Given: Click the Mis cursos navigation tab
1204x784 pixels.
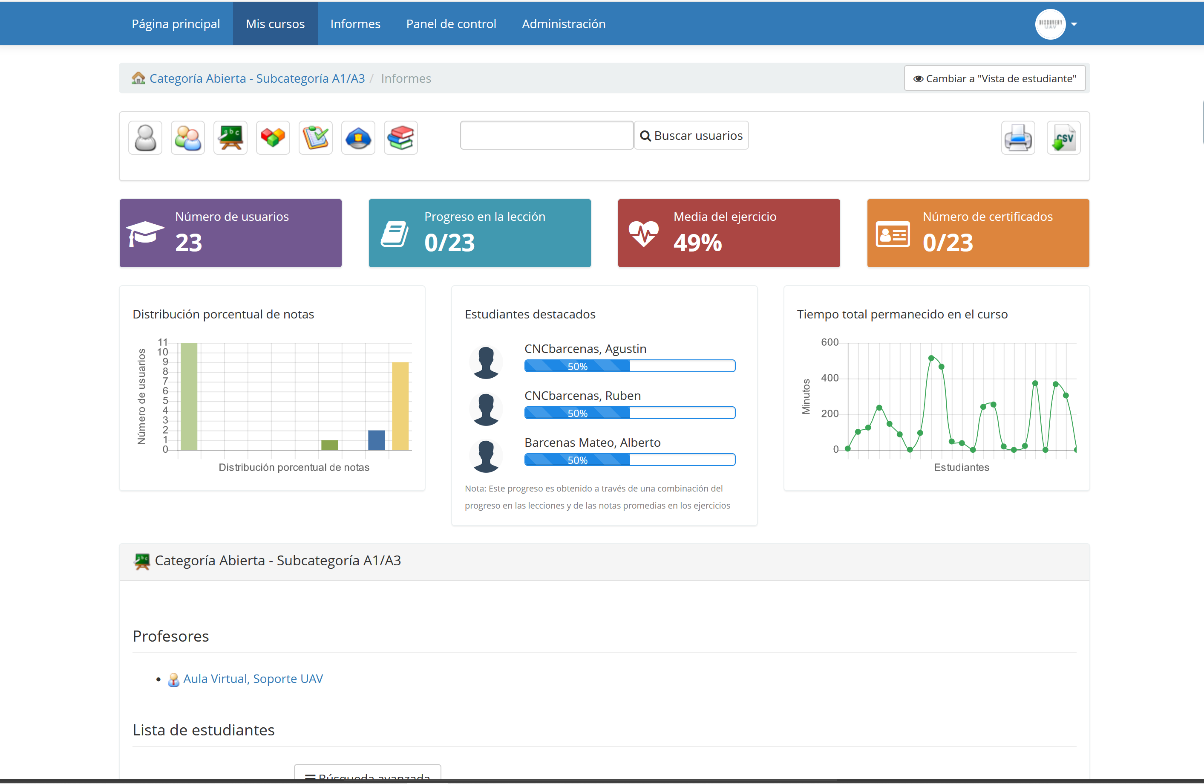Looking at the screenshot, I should click(275, 24).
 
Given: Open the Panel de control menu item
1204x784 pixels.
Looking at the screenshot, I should click(451, 24).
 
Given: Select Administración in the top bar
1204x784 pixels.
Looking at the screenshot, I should click(564, 24).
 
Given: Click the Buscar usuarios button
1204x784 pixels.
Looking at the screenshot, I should click(691, 136).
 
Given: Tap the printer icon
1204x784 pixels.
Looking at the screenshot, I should click(1018, 138).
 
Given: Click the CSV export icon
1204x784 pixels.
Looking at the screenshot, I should click(1063, 138).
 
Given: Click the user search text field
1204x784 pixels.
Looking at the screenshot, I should click(546, 136).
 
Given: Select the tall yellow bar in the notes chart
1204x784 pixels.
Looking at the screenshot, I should click(400, 406).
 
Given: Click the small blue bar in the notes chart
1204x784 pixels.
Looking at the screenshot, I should click(376, 440).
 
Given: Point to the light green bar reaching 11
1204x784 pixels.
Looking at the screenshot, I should click(189, 396).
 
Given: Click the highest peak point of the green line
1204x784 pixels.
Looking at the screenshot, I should click(931, 358).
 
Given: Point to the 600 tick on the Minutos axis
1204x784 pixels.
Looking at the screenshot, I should click(830, 343).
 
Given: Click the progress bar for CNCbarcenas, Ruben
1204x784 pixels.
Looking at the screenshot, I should click(629, 413).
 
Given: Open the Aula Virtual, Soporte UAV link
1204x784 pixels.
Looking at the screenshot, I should click(253, 679).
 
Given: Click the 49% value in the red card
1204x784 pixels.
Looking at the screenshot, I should click(697, 243).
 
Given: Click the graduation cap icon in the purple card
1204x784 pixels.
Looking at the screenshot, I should click(145, 233).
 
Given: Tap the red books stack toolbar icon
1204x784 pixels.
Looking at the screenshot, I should click(400, 138).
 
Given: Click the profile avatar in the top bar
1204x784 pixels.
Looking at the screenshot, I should click(1050, 24).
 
